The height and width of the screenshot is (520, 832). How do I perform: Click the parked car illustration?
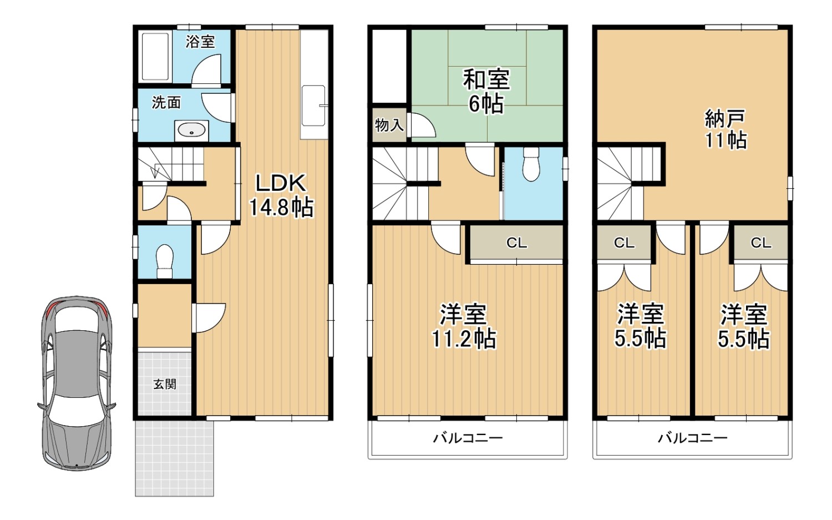tap(77, 383)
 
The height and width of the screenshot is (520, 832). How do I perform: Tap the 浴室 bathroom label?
tap(200, 42)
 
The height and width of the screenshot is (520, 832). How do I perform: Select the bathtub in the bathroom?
tap(156, 57)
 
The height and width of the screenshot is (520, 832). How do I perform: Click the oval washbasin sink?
tap(192, 130)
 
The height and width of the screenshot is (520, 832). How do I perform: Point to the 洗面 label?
tap(166, 103)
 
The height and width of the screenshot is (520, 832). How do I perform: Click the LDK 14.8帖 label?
tap(281, 195)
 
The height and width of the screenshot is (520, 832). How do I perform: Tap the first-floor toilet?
tap(165, 261)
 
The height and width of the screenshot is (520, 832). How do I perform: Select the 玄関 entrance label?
tap(165, 384)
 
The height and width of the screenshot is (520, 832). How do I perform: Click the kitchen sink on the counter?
tap(314, 106)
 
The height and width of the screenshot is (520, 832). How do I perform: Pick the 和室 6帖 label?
tap(486, 92)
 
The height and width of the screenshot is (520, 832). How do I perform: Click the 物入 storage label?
tap(389, 125)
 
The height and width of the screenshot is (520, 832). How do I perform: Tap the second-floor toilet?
tap(531, 164)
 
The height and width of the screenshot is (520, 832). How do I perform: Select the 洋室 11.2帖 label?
tap(464, 326)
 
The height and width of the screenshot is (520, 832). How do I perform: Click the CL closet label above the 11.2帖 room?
tap(516, 243)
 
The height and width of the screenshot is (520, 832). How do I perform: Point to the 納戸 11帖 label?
tap(725, 129)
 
